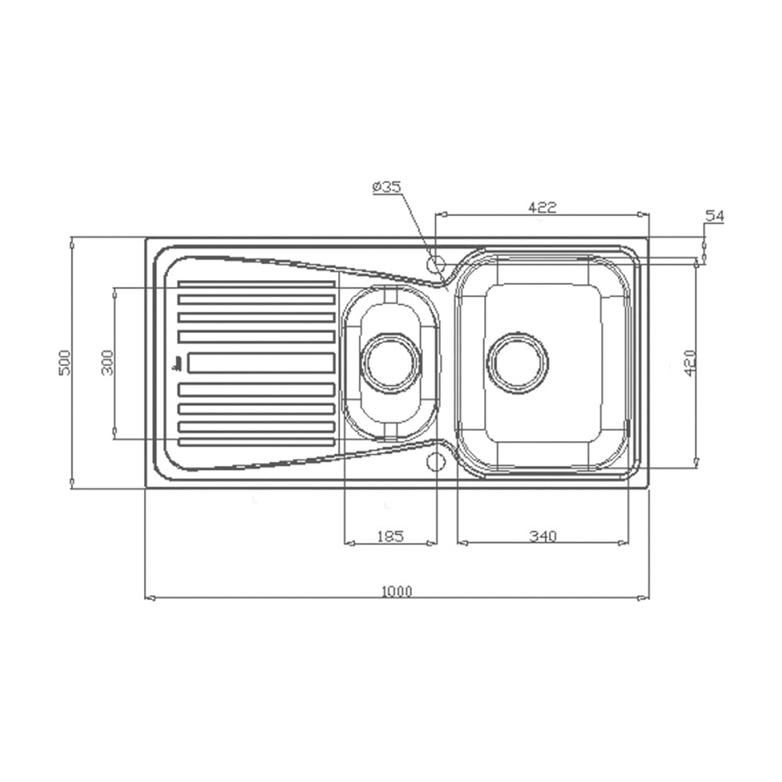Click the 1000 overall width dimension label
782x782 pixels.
click(397, 591)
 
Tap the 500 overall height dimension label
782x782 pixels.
click(66, 363)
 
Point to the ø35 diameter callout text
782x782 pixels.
click(386, 187)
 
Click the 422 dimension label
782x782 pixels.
click(542, 207)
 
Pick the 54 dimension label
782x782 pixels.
click(714, 216)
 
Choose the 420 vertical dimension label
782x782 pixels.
click(691, 363)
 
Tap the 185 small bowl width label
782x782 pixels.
click(390, 536)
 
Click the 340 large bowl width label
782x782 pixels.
click(543, 536)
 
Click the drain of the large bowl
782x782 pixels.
click(518, 362)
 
